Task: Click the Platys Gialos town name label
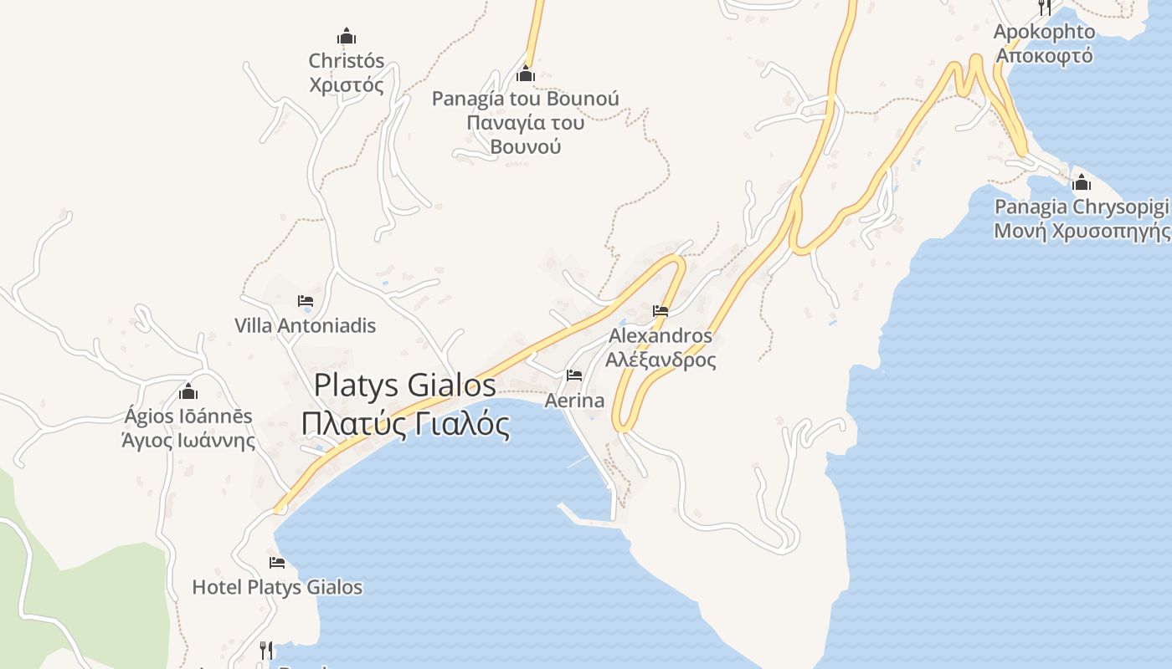[x=405, y=386]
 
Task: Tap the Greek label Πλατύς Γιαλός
[x=405, y=424]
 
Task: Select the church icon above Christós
[x=347, y=37]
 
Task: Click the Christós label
[x=347, y=61]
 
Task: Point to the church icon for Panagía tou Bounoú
[x=526, y=74]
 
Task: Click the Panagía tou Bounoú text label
[x=526, y=99]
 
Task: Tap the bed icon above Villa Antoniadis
[x=306, y=301]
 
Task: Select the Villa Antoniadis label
[x=306, y=325]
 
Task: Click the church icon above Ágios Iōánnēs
[x=188, y=391]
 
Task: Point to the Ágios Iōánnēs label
[x=188, y=416]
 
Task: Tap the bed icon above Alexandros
[x=661, y=311]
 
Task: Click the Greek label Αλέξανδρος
[x=661, y=360]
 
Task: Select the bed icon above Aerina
[x=574, y=375]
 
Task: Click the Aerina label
[x=574, y=401]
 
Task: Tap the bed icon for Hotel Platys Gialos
[x=277, y=563]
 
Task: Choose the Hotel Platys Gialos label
[x=277, y=587]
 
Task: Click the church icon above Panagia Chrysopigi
[x=1082, y=182]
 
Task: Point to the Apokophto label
[x=1044, y=32]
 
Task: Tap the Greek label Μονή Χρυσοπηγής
[x=1082, y=231]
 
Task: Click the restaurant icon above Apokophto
[x=1044, y=8]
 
